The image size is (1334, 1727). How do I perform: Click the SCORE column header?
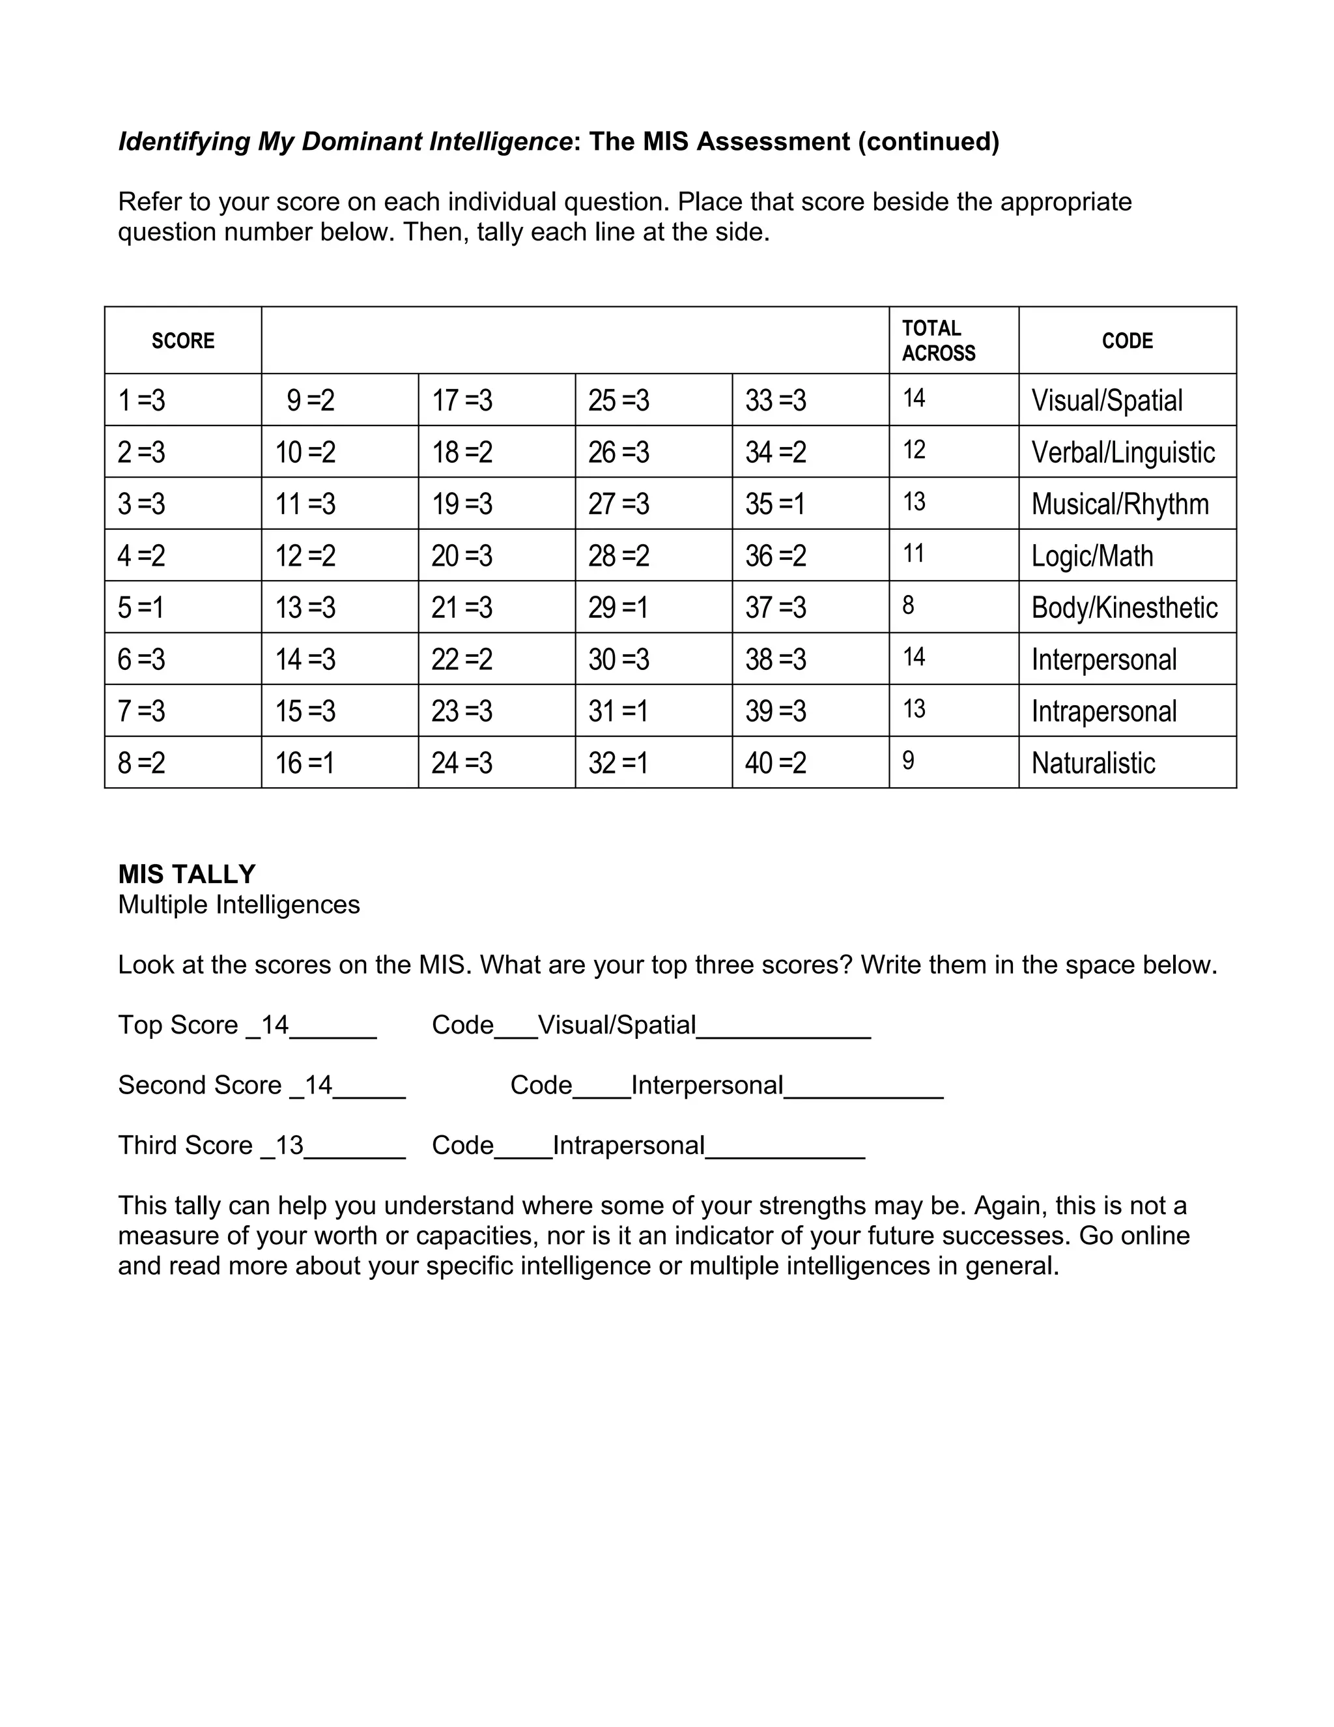(x=182, y=341)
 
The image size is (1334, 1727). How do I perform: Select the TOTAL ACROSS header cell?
(x=938, y=341)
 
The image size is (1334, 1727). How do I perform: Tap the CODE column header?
(x=1127, y=341)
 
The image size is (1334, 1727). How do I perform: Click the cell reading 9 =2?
(x=311, y=400)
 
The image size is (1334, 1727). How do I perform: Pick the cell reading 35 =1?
(x=775, y=504)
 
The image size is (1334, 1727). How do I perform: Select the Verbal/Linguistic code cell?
(x=1122, y=452)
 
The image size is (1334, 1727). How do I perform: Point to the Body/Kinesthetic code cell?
(x=1124, y=607)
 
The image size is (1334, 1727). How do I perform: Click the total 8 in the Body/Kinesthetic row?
(x=908, y=605)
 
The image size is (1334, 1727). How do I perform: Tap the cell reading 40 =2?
(x=775, y=763)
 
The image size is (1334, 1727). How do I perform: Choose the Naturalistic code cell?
(x=1093, y=763)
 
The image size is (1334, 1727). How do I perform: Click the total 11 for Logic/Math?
(x=914, y=553)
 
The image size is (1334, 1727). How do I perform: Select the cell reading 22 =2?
(x=462, y=660)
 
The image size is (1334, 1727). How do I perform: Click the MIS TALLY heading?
(x=186, y=874)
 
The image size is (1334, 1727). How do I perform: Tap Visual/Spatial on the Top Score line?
(x=616, y=1025)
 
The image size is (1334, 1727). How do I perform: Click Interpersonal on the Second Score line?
(x=707, y=1085)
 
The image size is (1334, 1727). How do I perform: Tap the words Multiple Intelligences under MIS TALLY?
(x=238, y=905)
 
